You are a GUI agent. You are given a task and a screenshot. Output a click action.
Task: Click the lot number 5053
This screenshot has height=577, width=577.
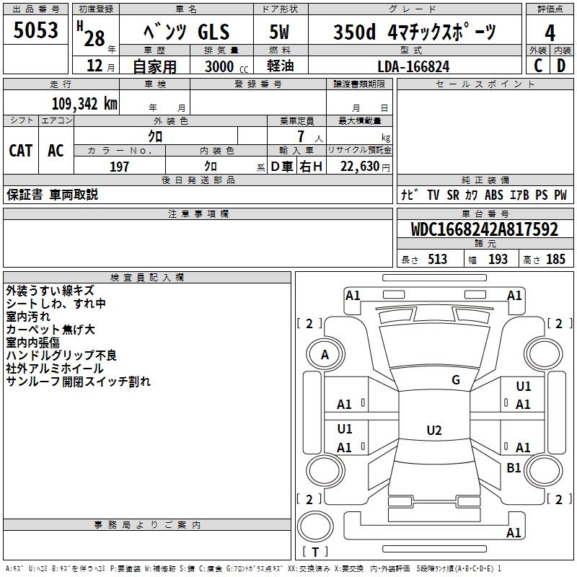[35, 30]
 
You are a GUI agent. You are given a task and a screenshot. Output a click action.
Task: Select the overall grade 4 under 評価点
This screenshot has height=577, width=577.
[550, 33]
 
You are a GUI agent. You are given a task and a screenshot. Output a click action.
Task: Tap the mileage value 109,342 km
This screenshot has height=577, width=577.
[84, 104]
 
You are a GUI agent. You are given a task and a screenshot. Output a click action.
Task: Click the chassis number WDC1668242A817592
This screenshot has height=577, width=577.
[485, 229]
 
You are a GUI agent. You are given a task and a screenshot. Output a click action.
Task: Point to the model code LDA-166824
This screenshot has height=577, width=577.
[413, 66]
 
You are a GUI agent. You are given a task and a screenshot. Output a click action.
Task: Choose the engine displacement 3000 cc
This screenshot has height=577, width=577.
[226, 66]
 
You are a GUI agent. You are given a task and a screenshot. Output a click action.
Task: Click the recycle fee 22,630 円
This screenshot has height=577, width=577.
[365, 167]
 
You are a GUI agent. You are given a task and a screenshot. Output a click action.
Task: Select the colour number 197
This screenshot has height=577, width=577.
[119, 167]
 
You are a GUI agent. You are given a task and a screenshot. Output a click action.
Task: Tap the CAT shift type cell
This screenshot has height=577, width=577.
[21, 151]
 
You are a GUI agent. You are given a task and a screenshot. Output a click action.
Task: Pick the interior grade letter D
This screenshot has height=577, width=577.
[561, 66]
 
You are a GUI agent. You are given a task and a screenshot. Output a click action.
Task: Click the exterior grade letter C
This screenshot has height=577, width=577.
[538, 66]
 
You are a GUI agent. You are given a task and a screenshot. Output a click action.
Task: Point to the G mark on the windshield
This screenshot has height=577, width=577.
[456, 380]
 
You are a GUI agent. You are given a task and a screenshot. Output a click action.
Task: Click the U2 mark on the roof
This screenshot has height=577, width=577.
[434, 430]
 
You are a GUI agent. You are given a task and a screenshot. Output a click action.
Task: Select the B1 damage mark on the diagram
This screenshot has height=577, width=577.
[514, 467]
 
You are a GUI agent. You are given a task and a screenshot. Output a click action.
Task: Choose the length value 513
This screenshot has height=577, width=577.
[437, 259]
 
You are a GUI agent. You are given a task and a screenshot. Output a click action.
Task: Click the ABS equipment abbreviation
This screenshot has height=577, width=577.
[493, 195]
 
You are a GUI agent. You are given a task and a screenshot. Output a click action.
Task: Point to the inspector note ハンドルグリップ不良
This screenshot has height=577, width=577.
[61, 355]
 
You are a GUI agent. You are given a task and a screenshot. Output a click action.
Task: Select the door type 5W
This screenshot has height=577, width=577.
[279, 32]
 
